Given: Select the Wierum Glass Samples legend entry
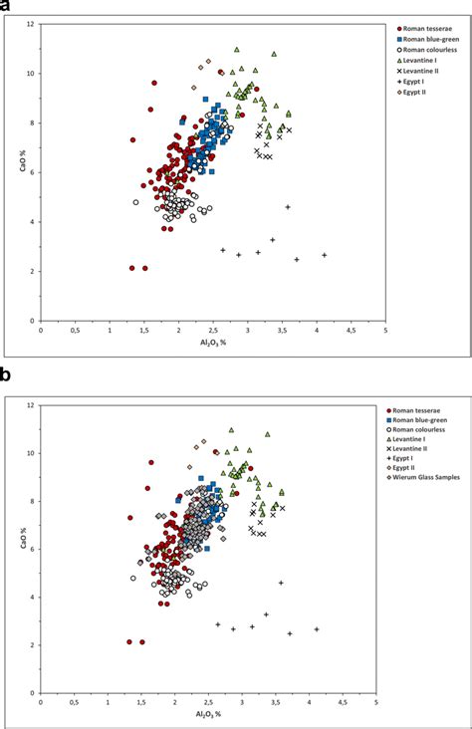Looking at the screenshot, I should (428, 478).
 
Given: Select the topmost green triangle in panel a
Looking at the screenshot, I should (236, 49).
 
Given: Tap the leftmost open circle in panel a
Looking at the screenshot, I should (135, 202).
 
